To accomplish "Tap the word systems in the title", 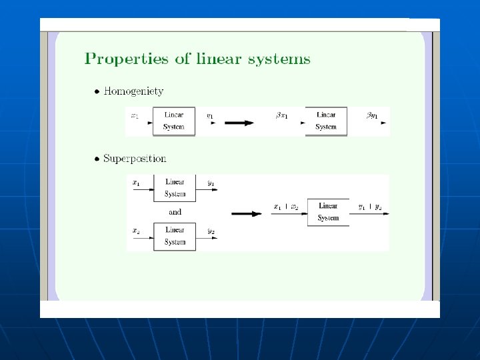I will pyautogui.click(x=279, y=59).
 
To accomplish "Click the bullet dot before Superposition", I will pyautogui.click(x=97, y=159).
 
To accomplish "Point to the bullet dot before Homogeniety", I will pyautogui.click(x=97, y=91).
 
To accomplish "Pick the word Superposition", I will pyautogui.click(x=135, y=159).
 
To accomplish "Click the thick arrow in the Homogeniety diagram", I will pyautogui.click(x=239, y=122).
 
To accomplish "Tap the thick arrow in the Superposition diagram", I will pyautogui.click(x=247, y=213).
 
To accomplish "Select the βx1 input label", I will pyautogui.click(x=283, y=116).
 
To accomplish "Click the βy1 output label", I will pyautogui.click(x=372, y=116).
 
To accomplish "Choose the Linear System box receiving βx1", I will pyautogui.click(x=326, y=121).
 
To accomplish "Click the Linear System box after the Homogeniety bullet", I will pyautogui.click(x=173, y=121).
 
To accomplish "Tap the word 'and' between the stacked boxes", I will pyautogui.click(x=175, y=212).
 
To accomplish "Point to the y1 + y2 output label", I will pyautogui.click(x=370, y=207).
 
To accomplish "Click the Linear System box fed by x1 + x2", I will pyautogui.click(x=328, y=212).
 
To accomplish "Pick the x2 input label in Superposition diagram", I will pyautogui.click(x=136, y=231).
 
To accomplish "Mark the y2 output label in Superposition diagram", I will pyautogui.click(x=211, y=231).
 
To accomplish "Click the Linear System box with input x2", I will pyautogui.click(x=175, y=236).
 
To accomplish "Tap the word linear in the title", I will pyautogui.click(x=219, y=59).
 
